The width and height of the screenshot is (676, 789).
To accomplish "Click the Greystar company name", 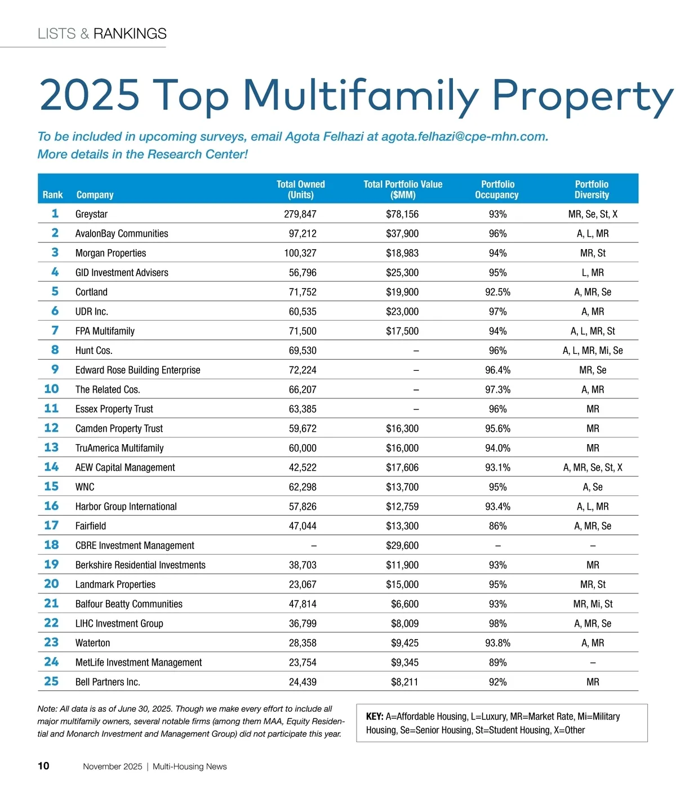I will point(91,214).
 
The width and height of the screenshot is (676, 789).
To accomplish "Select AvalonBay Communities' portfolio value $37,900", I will point(402,233).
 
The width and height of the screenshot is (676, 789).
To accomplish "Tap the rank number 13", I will point(51,447).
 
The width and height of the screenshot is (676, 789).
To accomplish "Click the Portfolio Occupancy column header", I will point(497,189).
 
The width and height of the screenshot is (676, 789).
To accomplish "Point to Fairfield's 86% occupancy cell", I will point(497,526).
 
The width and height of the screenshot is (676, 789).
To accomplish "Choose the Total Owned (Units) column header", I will point(301,189).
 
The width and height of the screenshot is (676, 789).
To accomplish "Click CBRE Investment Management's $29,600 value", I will point(402,546).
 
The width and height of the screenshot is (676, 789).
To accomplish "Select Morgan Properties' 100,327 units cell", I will point(300,253).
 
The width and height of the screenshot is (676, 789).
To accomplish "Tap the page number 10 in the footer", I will point(43,766).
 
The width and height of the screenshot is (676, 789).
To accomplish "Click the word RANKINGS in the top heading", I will point(130,34).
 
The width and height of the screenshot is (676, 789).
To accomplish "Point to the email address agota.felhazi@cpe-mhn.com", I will point(464,136).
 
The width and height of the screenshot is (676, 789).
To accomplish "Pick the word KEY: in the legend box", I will point(375,717).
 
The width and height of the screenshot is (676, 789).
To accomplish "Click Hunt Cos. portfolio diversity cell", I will point(593,351).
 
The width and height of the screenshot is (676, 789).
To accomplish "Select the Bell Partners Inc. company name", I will point(108,682).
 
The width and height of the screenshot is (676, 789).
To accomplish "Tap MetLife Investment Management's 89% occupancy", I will point(497,662).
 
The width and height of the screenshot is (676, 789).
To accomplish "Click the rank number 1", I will point(55,214).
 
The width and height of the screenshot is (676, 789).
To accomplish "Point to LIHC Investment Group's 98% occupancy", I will point(497,623).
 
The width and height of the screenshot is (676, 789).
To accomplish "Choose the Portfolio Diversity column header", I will point(591,189).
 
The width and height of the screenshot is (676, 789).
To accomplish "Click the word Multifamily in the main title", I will point(361,95).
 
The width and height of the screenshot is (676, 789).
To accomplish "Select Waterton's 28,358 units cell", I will point(303,643).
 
